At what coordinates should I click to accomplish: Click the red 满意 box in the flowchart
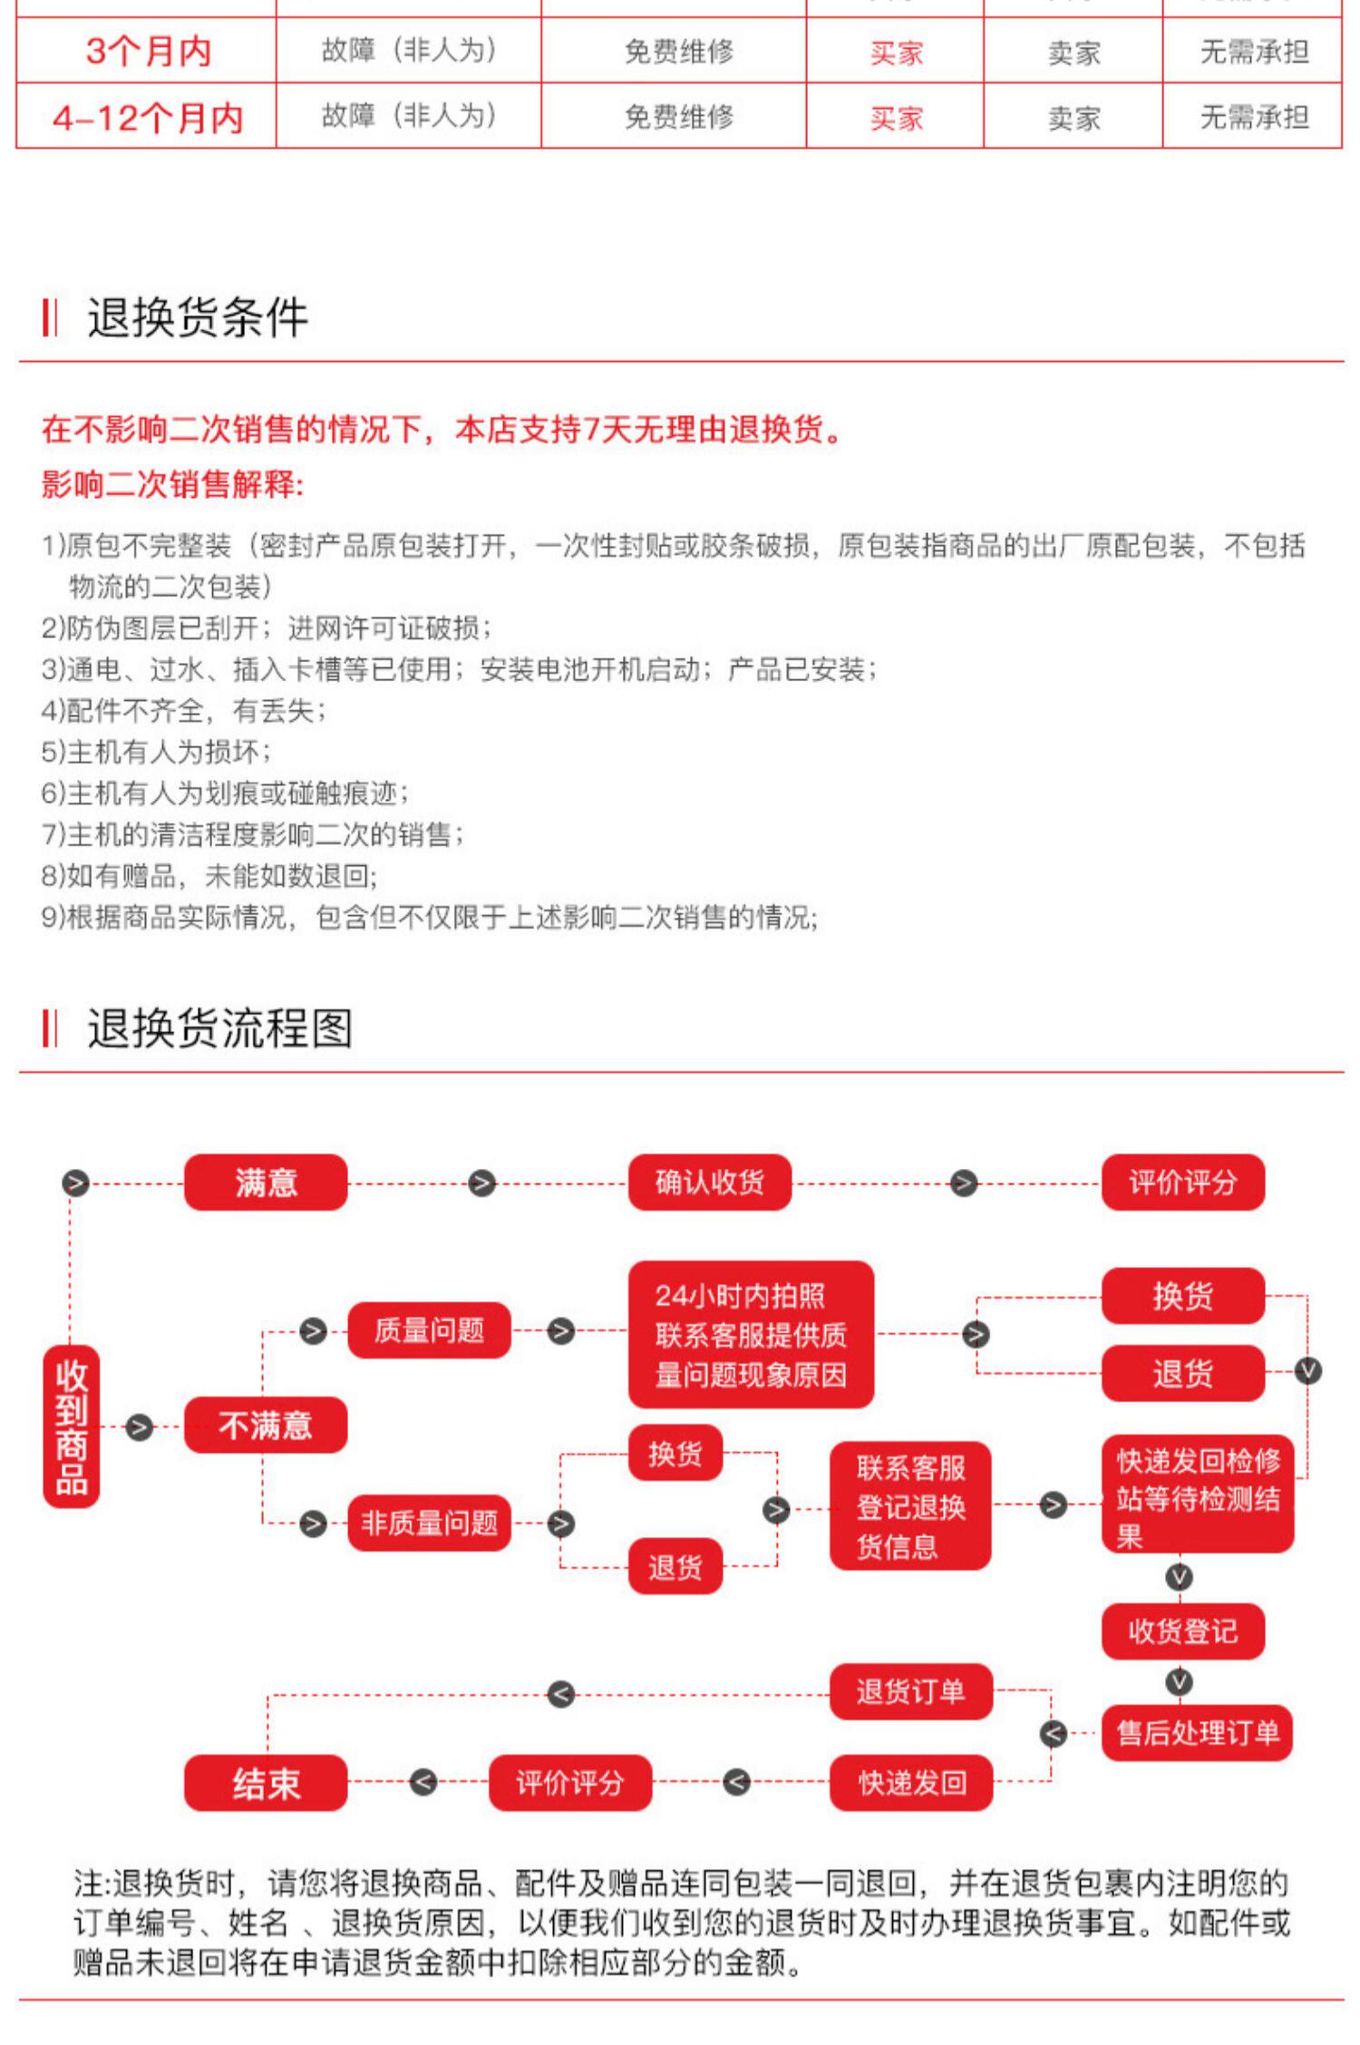(265, 1183)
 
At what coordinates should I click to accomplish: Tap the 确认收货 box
(709, 1183)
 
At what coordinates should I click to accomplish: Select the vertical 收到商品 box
(71, 1427)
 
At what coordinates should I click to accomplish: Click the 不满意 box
(265, 1426)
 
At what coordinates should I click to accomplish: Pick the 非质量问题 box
(429, 1523)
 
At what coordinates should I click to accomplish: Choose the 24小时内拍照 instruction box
(751, 1335)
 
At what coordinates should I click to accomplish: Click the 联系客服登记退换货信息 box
(910, 1506)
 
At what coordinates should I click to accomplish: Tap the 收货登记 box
(1182, 1631)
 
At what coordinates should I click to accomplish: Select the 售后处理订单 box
(1197, 1733)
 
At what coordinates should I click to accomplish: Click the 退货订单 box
(910, 1691)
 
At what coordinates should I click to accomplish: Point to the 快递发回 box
(910, 1783)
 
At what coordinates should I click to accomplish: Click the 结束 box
(265, 1784)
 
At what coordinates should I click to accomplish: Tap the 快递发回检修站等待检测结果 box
(1197, 1498)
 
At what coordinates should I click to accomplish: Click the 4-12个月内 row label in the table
(148, 118)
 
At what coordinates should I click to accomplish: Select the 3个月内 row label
(149, 51)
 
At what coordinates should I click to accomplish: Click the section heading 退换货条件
(198, 317)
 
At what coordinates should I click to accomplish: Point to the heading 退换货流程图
(219, 1028)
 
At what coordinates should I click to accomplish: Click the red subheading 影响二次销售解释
(172, 484)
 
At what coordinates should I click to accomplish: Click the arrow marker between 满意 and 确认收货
(482, 1183)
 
